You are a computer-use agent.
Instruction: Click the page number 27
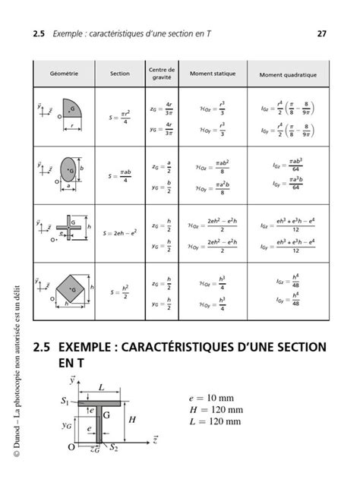321,34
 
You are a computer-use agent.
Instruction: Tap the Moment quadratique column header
288,75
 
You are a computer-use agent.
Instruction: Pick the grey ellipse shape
68,166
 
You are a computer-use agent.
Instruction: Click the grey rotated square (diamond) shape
71,287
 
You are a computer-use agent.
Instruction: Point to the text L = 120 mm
217,421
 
